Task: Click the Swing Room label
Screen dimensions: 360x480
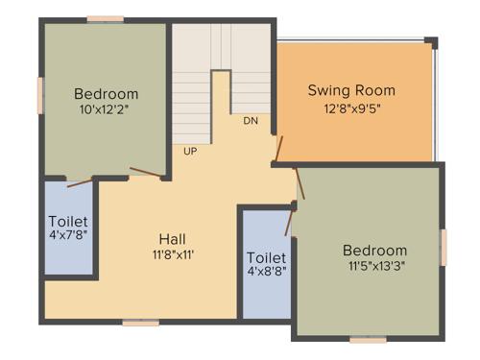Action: [351, 91]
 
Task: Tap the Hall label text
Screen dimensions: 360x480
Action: [173, 238]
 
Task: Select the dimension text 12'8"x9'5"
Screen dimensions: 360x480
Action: [351, 109]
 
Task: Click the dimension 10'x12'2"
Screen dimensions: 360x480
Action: [107, 110]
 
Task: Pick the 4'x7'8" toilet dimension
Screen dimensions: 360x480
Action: [68, 235]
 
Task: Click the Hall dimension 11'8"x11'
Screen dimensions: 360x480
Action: [173, 255]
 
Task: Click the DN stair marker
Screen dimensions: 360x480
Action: [251, 121]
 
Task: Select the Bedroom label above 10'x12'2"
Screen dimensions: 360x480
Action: [107, 94]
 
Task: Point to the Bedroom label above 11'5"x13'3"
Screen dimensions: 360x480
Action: [374, 252]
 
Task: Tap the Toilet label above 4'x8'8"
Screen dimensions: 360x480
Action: [267, 258]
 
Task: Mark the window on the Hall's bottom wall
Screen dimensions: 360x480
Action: [140, 323]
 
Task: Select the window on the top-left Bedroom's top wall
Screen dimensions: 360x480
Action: [105, 18]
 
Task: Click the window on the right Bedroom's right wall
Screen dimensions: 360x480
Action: [444, 246]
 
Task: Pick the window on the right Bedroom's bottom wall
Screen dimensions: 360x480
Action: [368, 339]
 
